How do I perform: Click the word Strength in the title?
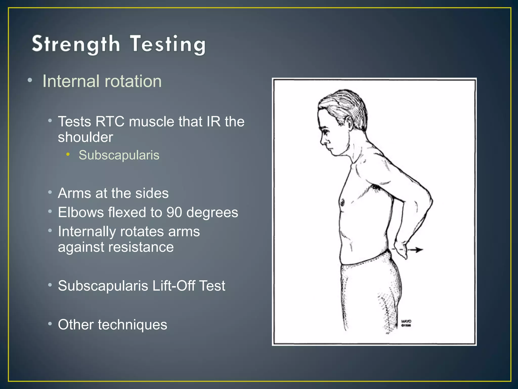tap(76, 44)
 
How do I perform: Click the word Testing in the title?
tap(167, 45)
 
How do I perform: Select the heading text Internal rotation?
tap(102, 81)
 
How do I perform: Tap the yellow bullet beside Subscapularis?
tap(68, 154)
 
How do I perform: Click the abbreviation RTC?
tap(110, 122)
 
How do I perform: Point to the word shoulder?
tap(85, 137)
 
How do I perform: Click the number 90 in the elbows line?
tap(174, 212)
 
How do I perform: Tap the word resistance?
tap(116, 247)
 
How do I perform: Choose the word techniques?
tap(132, 325)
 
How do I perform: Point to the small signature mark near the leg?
tap(406, 323)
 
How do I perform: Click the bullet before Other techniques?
tap(50, 324)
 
